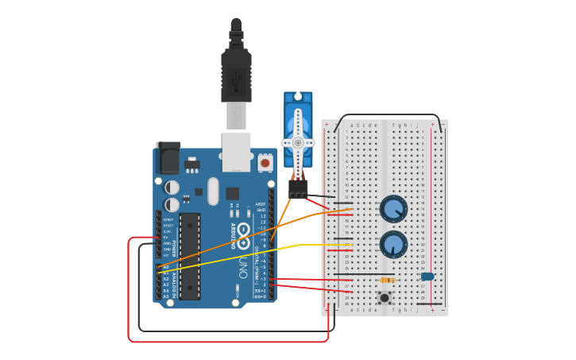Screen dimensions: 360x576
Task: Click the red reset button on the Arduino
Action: [x=265, y=163]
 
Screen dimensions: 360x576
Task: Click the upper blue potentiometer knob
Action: [x=393, y=209]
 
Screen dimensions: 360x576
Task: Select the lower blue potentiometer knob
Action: [x=393, y=244]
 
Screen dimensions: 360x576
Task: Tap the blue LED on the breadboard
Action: [x=427, y=277]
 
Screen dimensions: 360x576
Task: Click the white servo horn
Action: [x=299, y=142]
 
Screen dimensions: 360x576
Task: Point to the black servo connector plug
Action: [x=298, y=189]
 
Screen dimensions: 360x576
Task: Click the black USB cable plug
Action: [x=236, y=75]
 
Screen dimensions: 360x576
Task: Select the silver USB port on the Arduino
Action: [x=236, y=151]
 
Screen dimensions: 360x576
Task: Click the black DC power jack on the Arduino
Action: [x=168, y=158]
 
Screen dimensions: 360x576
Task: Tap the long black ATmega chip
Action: [x=190, y=256]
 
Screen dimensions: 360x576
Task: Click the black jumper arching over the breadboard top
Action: [x=388, y=116]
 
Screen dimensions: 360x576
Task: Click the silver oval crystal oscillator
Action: [x=212, y=191]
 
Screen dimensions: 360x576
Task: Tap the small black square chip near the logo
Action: [x=232, y=193]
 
